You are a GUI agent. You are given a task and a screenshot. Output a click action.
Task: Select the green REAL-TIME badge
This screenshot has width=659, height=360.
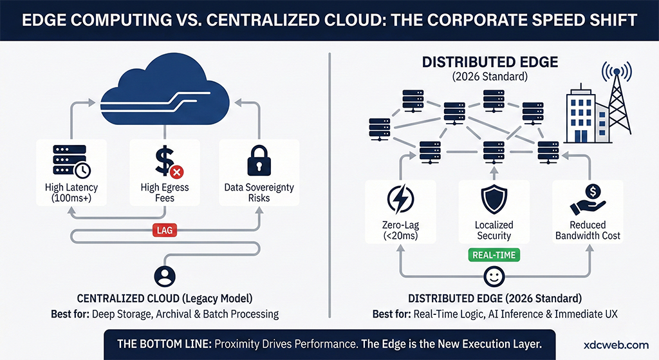pos(494,254)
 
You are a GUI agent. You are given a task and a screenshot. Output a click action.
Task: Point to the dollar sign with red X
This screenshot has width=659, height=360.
pos(168,161)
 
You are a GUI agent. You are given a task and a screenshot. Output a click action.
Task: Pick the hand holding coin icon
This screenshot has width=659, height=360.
pos(587,200)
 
